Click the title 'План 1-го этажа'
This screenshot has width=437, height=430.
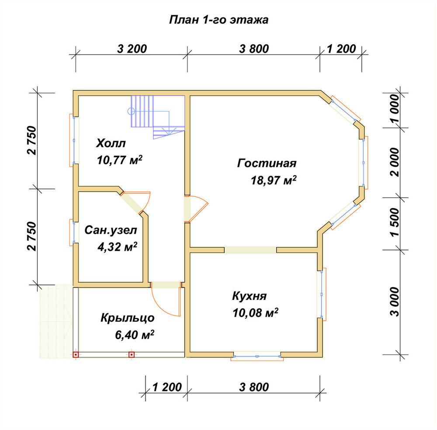coord(219,20)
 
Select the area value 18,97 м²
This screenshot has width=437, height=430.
coord(274,180)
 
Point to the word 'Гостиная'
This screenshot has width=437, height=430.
coord(267,163)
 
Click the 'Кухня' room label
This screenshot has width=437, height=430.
coord(250,296)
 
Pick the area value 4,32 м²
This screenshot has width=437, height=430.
coord(117,246)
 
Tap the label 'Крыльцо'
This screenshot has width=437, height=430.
coord(128,318)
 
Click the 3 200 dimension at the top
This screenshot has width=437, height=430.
coord(132,49)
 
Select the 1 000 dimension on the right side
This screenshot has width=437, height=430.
coord(395,109)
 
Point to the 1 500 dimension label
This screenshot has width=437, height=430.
coord(395,222)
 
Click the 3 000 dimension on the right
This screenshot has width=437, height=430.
coord(395,302)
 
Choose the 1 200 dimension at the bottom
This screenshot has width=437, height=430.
coord(167,387)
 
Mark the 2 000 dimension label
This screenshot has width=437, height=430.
coord(395,162)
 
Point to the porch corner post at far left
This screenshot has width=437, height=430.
coord(76,354)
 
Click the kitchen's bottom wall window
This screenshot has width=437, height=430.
coord(257,357)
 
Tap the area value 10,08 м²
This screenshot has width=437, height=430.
coord(255,313)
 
